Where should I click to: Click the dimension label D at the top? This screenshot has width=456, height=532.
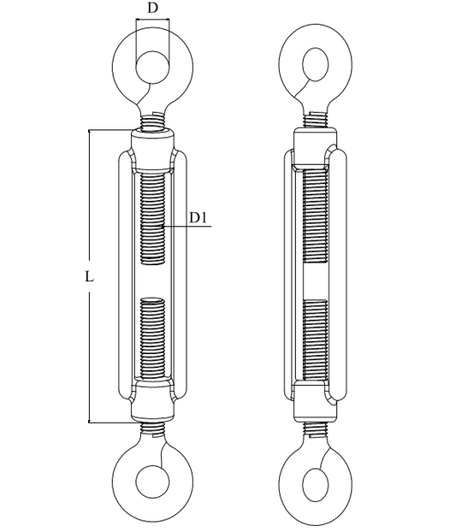click(153, 8)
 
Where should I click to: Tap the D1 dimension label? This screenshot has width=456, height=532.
click(198, 217)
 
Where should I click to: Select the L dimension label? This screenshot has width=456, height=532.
click(89, 277)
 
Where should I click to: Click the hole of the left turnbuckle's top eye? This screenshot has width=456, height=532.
click(152, 68)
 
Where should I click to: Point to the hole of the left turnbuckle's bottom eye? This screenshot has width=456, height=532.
click(152, 482)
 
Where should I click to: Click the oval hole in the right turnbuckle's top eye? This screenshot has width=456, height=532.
click(316, 64)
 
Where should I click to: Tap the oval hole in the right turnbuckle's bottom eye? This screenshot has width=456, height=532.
click(316, 484)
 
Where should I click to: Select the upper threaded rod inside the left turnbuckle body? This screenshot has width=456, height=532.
click(152, 218)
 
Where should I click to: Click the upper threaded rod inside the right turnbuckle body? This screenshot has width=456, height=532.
click(316, 216)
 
